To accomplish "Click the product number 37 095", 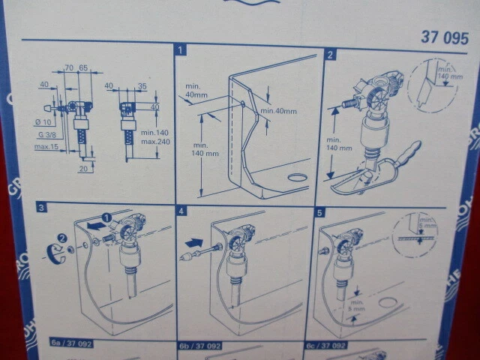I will [445, 37].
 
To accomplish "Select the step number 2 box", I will [331, 55].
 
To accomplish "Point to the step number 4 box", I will [181, 211].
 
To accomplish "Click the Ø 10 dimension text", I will [43, 122].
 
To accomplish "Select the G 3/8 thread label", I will [44, 133].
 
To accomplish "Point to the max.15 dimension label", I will [46, 146].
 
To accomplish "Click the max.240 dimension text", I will [154, 142].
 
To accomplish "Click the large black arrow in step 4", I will [193, 243].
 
